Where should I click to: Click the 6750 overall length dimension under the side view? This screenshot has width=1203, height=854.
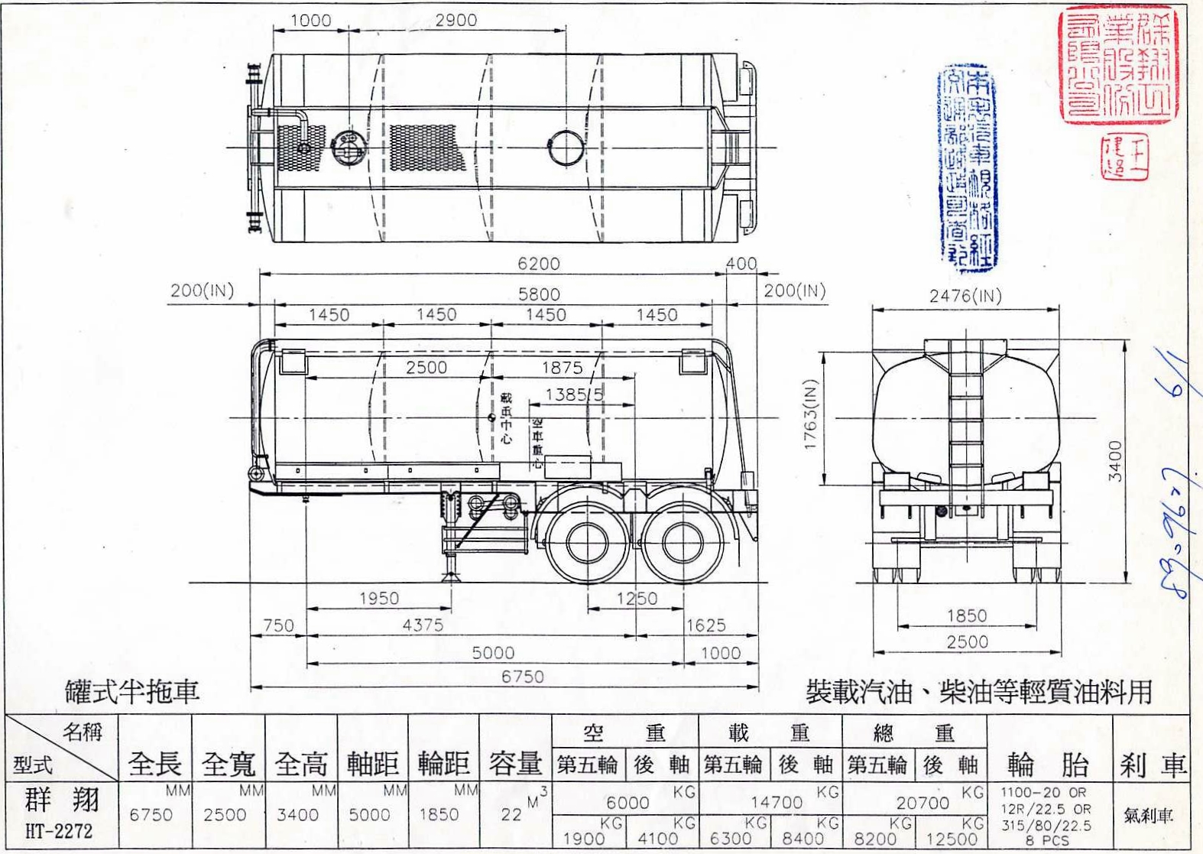coord(523,677)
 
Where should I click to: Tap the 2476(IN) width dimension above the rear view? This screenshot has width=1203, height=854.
coord(965,296)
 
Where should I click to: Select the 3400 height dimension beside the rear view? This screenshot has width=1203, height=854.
coord(1115,460)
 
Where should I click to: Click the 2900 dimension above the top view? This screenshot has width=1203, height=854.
coord(456,21)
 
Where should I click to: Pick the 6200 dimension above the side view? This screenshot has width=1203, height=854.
coord(539,264)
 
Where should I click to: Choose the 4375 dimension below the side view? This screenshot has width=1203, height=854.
coord(423,625)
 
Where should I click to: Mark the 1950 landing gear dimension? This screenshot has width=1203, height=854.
coord(379,598)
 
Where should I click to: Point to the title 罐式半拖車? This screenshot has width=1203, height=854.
coord(132,691)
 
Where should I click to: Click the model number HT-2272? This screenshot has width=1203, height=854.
coord(59,831)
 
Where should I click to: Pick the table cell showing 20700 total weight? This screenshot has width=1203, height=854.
coord(923,802)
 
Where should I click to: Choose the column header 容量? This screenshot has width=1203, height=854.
coord(515,763)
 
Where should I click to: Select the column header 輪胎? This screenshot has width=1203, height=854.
coord(1048,764)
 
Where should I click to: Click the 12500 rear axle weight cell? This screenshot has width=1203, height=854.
coord(951,839)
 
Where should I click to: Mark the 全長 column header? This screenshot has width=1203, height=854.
coord(155,763)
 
